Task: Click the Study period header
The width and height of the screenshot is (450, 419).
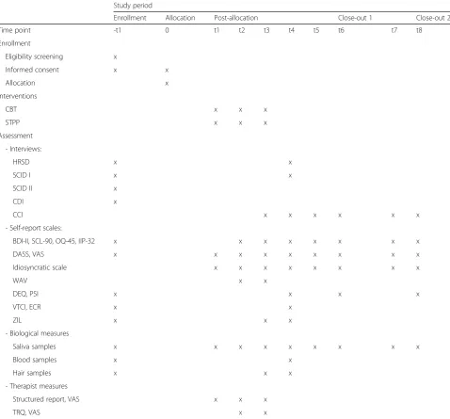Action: (133, 6)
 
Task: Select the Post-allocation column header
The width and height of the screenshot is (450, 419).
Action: (236, 18)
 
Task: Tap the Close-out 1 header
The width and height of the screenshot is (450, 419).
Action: (355, 18)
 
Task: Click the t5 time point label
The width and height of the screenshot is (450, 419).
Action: (316, 30)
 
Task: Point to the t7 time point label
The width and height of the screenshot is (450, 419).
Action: (394, 30)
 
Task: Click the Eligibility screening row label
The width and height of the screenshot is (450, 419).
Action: (34, 56)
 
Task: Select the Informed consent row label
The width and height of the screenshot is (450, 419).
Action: (32, 70)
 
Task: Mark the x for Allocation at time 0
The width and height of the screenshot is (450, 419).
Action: (167, 83)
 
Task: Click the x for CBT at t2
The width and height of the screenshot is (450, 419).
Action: (240, 109)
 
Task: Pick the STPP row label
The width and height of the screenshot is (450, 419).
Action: (12, 122)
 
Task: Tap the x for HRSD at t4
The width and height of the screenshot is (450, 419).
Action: (290, 162)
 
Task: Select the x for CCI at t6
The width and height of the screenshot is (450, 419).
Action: (340, 215)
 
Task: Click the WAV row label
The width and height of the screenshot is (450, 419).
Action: (20, 281)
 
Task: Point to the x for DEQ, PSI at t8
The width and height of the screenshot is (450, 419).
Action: (418, 294)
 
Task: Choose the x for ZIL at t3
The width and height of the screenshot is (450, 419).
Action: (265, 320)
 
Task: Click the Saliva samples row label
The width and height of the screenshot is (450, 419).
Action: (34, 346)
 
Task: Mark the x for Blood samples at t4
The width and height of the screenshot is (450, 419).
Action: (290, 360)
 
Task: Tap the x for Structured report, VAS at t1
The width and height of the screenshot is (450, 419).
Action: (216, 399)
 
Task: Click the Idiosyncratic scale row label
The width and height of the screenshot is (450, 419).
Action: (40, 267)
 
